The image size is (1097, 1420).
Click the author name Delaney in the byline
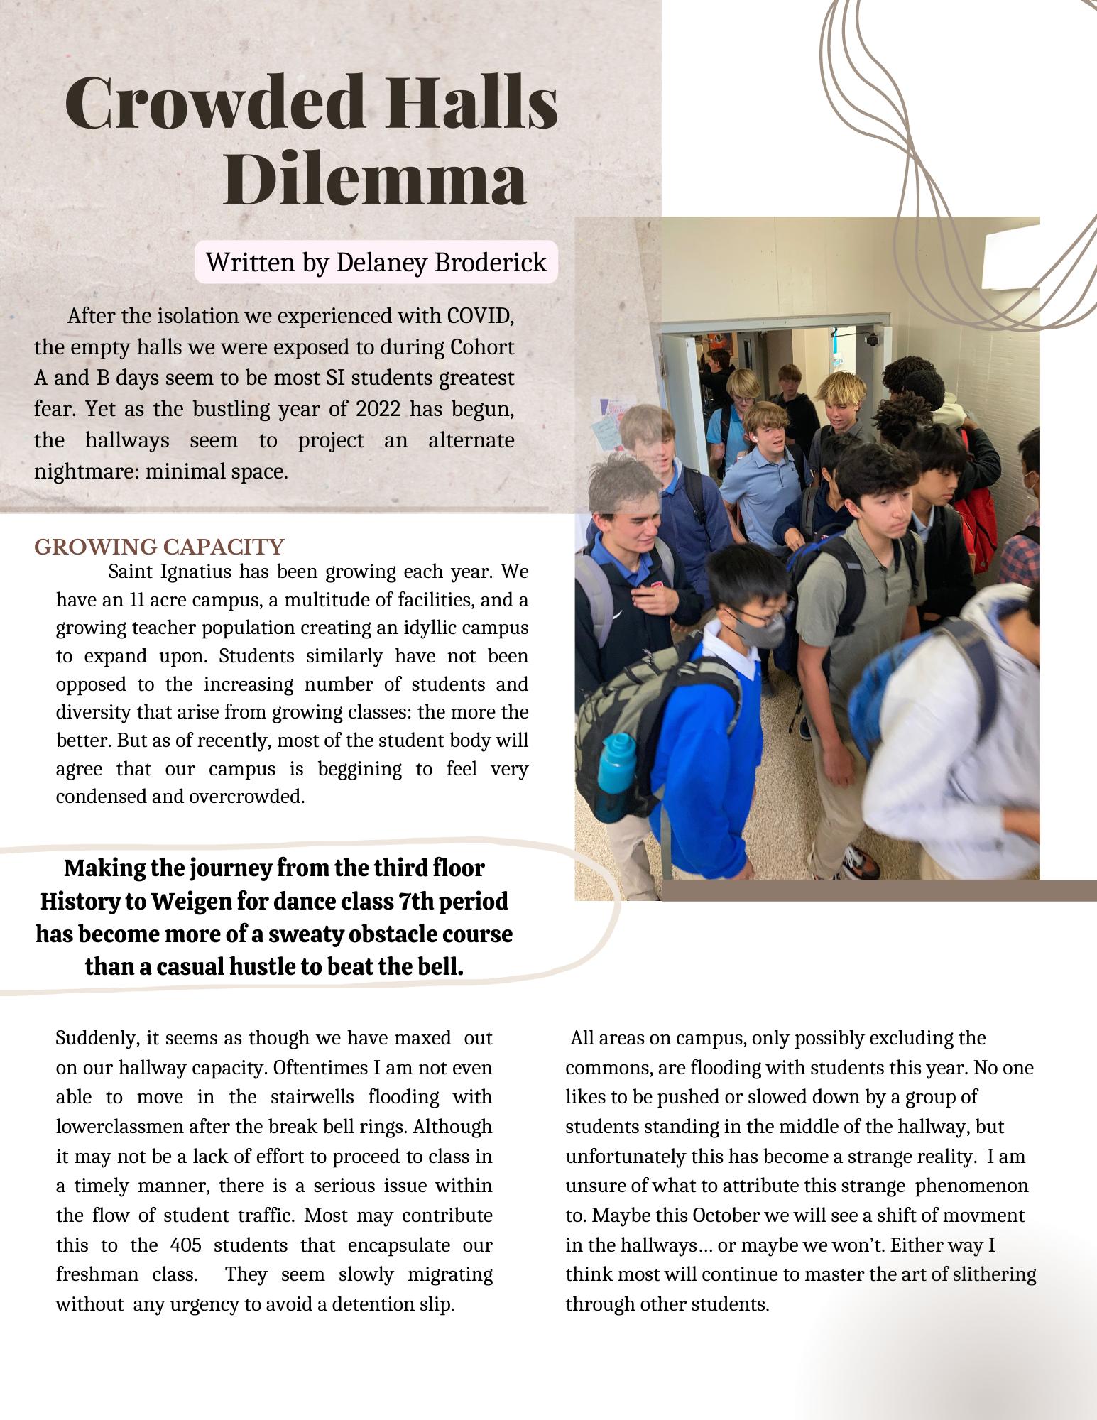(x=380, y=263)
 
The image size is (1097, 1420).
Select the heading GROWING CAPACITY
(x=159, y=547)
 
